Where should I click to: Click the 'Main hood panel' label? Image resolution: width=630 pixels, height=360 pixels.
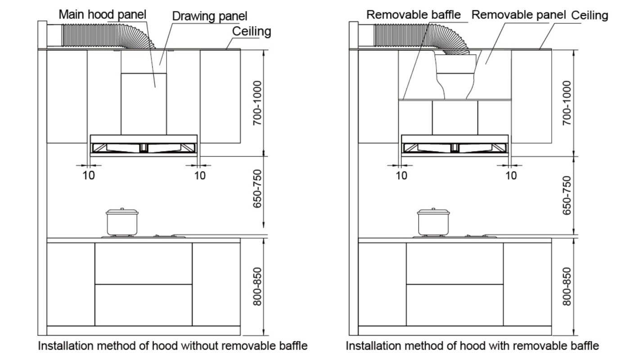tap(103, 14)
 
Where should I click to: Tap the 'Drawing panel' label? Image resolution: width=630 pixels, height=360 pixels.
tap(210, 17)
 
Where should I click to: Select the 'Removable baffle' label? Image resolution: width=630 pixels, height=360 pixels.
tap(413, 15)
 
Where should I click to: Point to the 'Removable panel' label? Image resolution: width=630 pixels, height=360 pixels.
tap(518, 15)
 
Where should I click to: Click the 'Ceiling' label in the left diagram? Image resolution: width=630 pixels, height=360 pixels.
tap(252, 31)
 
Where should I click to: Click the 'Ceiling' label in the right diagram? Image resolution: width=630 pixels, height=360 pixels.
tap(589, 15)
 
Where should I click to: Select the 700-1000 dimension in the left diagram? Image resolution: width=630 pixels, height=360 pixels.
tap(257, 103)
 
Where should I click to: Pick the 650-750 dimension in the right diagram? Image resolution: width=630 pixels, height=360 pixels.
tap(567, 195)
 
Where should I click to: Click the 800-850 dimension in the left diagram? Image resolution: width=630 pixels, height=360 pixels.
tap(257, 287)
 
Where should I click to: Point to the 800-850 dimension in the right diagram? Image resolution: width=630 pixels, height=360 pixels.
tap(567, 287)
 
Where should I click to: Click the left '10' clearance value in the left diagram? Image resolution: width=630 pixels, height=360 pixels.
tap(89, 175)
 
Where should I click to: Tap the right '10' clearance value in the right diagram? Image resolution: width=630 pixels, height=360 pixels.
tap(511, 175)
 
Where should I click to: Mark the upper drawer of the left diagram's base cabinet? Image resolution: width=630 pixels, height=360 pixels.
tap(144, 263)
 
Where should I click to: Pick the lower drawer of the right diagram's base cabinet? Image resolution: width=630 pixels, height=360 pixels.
tap(454, 305)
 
